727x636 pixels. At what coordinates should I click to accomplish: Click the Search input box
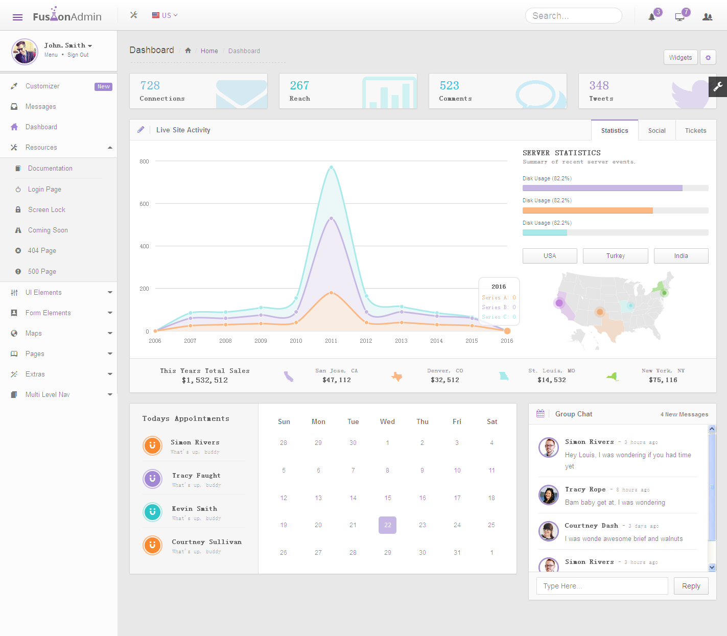tap(573, 16)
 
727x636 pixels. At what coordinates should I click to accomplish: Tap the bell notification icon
tap(652, 17)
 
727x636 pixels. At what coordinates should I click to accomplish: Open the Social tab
tap(656, 131)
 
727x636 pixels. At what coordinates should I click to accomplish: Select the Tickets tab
tap(695, 131)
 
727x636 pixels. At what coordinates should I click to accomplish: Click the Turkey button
tap(615, 256)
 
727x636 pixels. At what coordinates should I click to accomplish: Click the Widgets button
tap(680, 58)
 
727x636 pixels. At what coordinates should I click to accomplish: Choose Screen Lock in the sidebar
tap(46, 210)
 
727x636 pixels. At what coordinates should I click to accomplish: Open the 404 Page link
tap(42, 251)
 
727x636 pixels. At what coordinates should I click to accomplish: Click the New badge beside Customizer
tap(103, 87)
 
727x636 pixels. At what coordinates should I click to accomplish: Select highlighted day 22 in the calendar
tap(387, 525)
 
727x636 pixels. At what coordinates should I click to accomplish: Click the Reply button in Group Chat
tap(691, 586)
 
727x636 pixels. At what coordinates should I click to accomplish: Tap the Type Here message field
tap(602, 586)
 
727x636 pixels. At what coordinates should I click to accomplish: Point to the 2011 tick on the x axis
tap(331, 341)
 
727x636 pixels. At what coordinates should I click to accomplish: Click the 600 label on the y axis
tap(144, 204)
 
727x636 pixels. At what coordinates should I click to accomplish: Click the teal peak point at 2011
tap(331, 167)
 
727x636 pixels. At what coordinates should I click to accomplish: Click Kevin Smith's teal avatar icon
tap(152, 512)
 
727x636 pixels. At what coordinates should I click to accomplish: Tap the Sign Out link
tap(78, 55)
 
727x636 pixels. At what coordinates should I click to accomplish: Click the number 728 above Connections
tap(150, 85)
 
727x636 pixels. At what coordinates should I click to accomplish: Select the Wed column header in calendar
tap(387, 422)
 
